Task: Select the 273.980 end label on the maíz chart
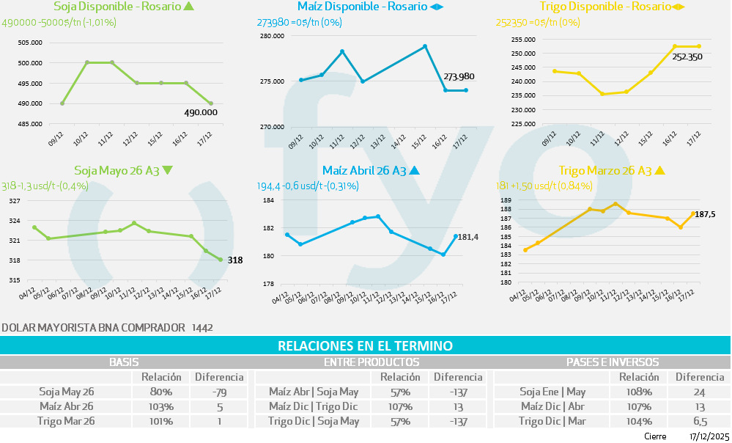click(x=459, y=76)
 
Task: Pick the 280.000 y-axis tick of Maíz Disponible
click(x=273, y=36)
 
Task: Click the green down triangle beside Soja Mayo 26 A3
click(x=168, y=170)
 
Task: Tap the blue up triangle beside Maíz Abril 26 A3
click(x=414, y=170)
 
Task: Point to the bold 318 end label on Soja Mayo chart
click(x=234, y=260)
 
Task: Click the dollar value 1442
click(x=202, y=327)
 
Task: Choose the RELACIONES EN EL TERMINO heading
click(x=365, y=345)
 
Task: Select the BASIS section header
click(x=124, y=362)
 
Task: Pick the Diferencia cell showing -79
click(x=218, y=392)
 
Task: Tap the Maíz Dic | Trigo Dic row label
click(x=314, y=406)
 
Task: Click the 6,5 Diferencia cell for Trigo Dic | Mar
click(x=700, y=421)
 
